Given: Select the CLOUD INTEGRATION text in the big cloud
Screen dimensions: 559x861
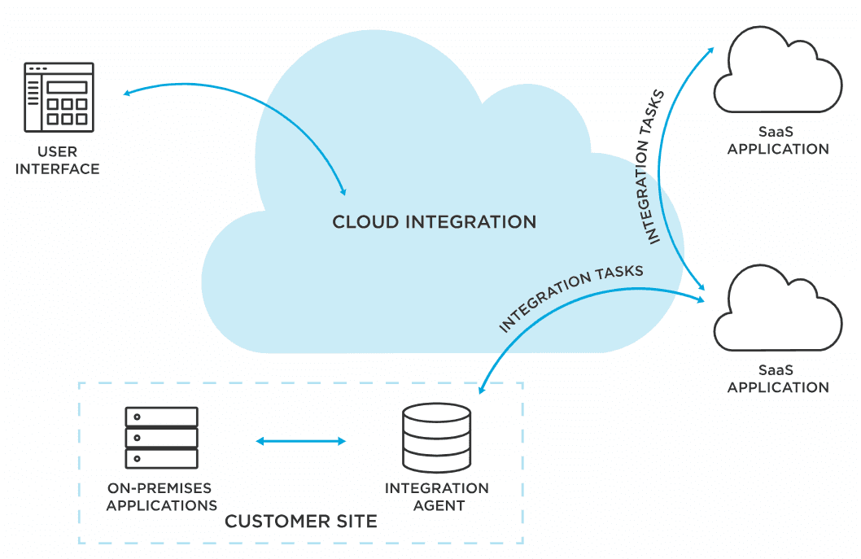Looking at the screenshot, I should point(434,221).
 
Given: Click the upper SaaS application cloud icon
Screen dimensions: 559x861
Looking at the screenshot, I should point(777,72).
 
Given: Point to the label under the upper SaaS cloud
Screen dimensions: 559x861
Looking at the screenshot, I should point(777,141).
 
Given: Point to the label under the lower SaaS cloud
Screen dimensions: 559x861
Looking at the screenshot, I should point(777,379).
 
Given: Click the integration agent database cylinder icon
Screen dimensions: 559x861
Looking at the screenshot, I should point(436,437).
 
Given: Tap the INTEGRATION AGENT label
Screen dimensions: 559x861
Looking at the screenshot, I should point(436,496).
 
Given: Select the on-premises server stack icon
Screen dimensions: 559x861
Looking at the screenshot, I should point(161,438).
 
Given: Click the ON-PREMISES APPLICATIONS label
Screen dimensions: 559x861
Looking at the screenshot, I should point(161,496).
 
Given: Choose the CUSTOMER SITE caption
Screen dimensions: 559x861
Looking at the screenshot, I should point(300,521).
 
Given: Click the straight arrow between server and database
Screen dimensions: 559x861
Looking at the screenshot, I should point(301,441).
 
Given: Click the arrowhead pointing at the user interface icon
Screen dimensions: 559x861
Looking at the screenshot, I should point(127,94).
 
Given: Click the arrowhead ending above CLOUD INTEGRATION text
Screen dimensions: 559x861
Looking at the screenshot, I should point(343,191).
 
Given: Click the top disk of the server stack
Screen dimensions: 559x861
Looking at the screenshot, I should point(161,417).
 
